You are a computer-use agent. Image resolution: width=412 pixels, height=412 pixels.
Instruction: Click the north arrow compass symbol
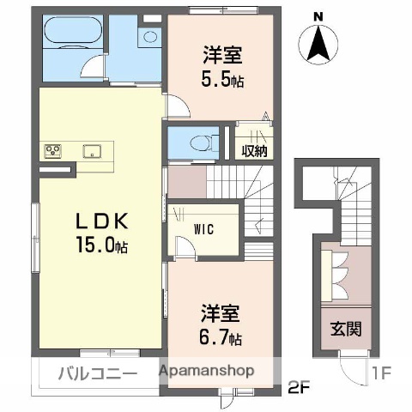[318, 45]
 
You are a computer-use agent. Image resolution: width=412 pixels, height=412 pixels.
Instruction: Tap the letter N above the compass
[318, 16]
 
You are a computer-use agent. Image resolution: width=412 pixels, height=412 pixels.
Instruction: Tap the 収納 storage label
[253, 150]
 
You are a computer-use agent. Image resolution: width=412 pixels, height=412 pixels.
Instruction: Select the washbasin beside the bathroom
[150, 37]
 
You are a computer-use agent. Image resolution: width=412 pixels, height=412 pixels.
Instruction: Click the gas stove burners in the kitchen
[54, 152]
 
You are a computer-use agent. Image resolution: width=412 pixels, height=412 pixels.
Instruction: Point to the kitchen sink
[90, 152]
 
